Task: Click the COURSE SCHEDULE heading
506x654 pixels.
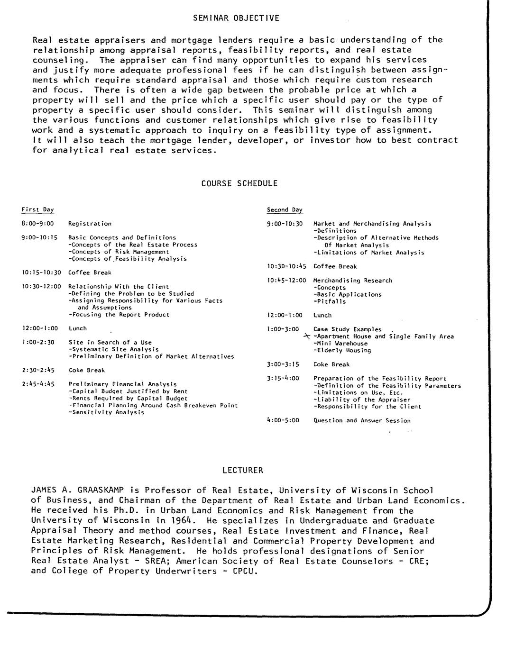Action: click(x=239, y=183)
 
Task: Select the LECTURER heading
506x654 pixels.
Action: click(x=242, y=471)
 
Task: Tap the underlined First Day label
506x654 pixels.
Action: click(x=38, y=209)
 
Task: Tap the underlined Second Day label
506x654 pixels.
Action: click(x=285, y=209)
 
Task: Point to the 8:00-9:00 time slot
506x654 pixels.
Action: click(x=38, y=224)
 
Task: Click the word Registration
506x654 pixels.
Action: click(x=90, y=224)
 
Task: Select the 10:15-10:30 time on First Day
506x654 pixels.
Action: click(x=42, y=272)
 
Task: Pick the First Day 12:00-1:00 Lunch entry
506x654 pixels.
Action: click(x=78, y=328)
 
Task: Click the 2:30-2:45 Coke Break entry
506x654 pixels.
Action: click(x=87, y=370)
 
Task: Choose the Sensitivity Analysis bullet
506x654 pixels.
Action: click(x=107, y=412)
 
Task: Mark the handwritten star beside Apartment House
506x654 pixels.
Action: click(x=307, y=336)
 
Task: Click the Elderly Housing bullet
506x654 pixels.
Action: click(x=342, y=351)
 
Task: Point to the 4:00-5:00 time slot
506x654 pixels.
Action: click(x=284, y=420)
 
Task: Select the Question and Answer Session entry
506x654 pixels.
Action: click(x=362, y=420)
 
